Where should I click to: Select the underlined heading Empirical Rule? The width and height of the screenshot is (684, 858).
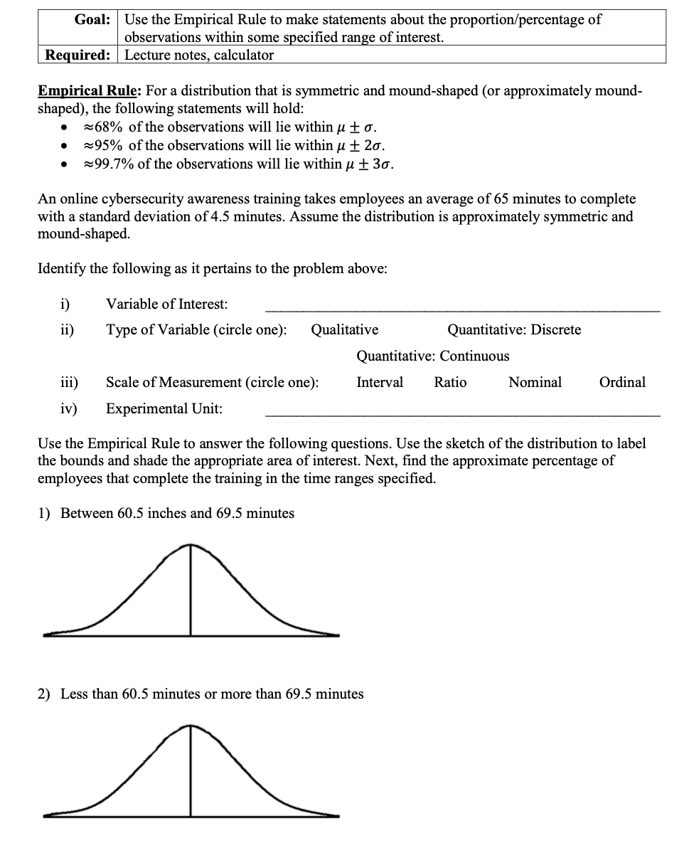(89, 91)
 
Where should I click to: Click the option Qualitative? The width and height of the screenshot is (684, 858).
(345, 329)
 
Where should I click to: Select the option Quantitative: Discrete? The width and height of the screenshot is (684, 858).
(514, 329)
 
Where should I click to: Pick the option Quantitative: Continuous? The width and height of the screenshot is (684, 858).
(433, 356)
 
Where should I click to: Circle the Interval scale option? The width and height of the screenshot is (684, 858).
(380, 382)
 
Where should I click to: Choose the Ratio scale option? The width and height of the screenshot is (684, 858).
(451, 382)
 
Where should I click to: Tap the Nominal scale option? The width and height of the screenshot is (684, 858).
(535, 382)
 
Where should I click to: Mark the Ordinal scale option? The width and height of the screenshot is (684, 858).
(623, 382)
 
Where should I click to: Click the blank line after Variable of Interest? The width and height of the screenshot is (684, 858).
(462, 309)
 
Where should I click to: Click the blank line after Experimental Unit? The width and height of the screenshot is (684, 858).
(462, 413)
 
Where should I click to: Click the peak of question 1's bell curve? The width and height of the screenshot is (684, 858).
(190, 546)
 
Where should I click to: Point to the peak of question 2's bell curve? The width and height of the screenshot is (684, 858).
(190, 726)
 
